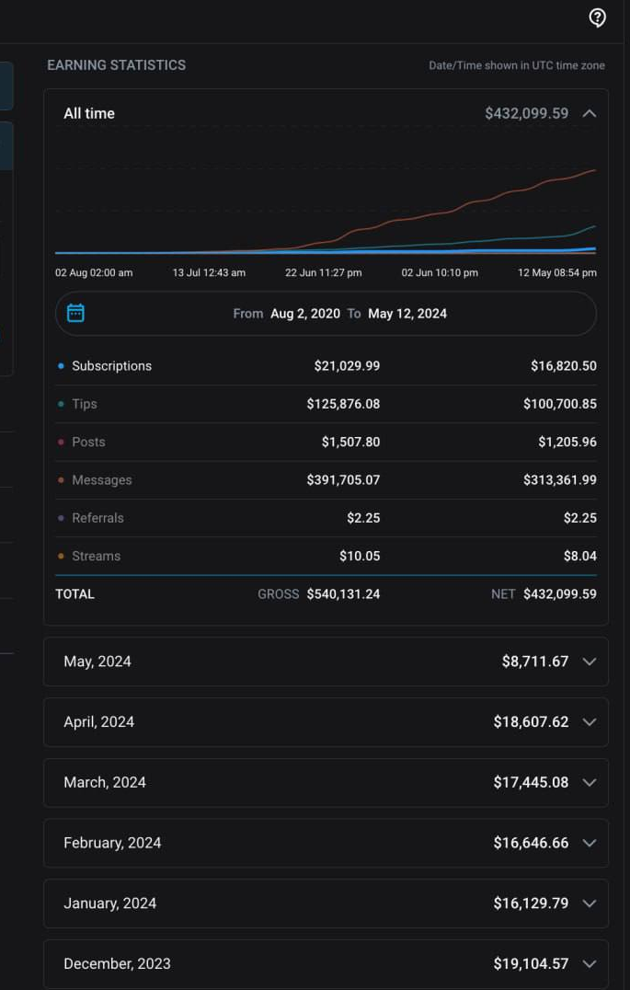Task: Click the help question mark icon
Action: tap(598, 18)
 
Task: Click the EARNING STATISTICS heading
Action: tap(116, 65)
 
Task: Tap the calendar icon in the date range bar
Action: tap(76, 314)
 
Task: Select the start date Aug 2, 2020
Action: tap(305, 314)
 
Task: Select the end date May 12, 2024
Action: tap(407, 314)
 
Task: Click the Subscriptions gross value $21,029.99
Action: tap(347, 366)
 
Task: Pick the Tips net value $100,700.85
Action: tap(560, 404)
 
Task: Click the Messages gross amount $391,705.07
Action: tap(343, 480)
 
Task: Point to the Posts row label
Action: tap(88, 443)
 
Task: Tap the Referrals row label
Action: tap(97, 518)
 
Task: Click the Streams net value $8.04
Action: tap(579, 557)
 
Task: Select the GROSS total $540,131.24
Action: tap(343, 594)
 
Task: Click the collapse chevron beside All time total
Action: tap(590, 114)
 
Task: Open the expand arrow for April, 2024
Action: tap(590, 722)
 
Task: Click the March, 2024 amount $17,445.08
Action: tap(531, 783)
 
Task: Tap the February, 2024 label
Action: tap(112, 843)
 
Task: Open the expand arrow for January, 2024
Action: tap(590, 904)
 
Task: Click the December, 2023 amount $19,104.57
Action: tap(531, 964)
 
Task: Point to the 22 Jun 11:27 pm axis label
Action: tap(323, 273)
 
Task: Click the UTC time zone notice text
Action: tap(516, 66)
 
